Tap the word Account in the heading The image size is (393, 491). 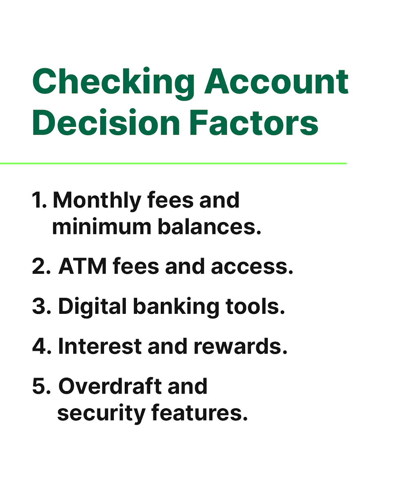[x=276, y=82]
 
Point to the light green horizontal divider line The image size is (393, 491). [x=174, y=163]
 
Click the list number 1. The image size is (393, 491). [x=39, y=200]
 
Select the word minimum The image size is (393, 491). [x=101, y=227]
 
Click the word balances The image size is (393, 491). [x=209, y=227]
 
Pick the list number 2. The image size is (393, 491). [x=41, y=267]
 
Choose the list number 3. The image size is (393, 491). [x=41, y=307]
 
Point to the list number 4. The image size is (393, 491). [x=41, y=347]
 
